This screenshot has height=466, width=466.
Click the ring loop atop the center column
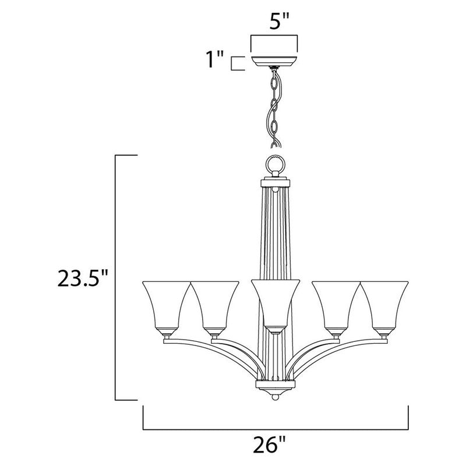(x=274, y=165)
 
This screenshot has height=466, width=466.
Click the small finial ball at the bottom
(x=274, y=397)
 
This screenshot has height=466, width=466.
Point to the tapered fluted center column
(x=274, y=233)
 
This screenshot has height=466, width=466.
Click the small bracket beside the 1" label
(x=235, y=63)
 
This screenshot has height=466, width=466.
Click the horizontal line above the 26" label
(x=274, y=428)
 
